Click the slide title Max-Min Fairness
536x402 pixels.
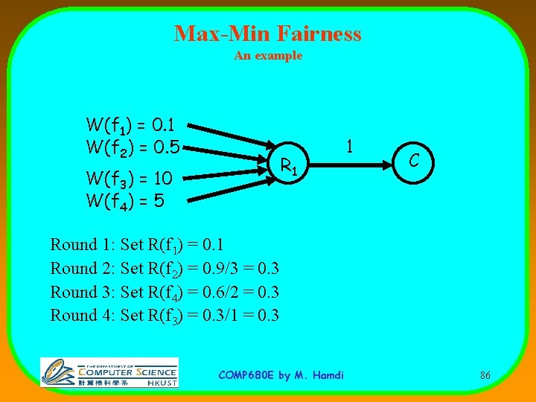coord(267,33)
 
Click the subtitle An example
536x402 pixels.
coord(268,56)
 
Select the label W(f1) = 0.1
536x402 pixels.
coord(130,124)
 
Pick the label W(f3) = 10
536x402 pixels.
coord(130,179)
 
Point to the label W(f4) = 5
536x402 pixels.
coord(124,201)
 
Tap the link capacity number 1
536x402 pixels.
coord(349,146)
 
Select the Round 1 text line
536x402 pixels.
coord(137,245)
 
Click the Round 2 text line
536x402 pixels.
coord(165,268)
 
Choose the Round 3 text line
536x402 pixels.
coord(165,292)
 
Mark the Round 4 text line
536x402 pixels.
coord(165,315)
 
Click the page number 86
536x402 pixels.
coord(485,375)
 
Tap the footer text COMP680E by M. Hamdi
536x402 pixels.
coord(281,375)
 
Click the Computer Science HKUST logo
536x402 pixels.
coord(109,371)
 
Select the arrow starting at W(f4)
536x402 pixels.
coord(223,189)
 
